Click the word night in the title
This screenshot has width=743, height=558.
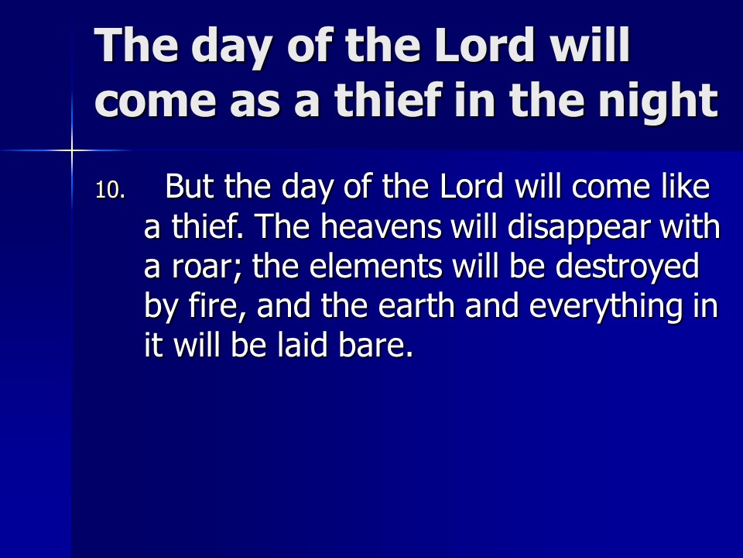658,101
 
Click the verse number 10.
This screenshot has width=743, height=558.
110,191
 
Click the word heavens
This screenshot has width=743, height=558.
381,227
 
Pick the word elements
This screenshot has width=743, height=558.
376,266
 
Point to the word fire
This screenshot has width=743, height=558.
217,306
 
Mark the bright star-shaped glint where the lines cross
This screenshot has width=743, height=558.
71,151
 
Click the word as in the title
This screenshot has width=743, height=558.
255,103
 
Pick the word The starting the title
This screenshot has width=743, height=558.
136,45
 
